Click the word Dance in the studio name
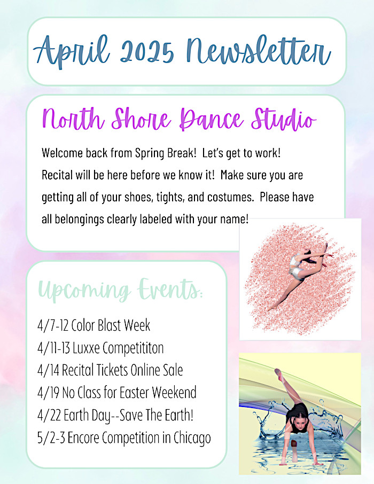coord(211,119)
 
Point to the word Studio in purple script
coord(284,119)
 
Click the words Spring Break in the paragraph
coord(166,153)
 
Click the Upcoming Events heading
coord(120,290)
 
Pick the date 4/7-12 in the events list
coord(53,325)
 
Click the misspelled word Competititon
coord(133,348)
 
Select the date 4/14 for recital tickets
coord(48,370)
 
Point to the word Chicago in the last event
coord(192,438)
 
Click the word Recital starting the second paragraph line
coord(57,175)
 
